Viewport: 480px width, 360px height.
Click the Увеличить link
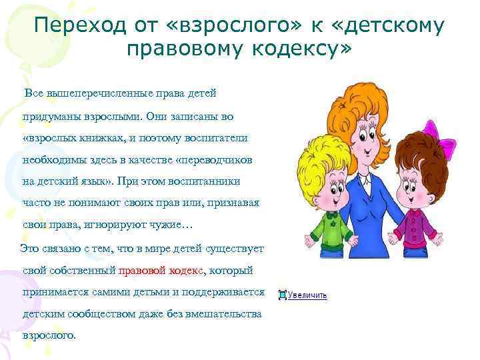coord(307,295)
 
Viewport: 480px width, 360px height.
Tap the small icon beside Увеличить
coord(283,294)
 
